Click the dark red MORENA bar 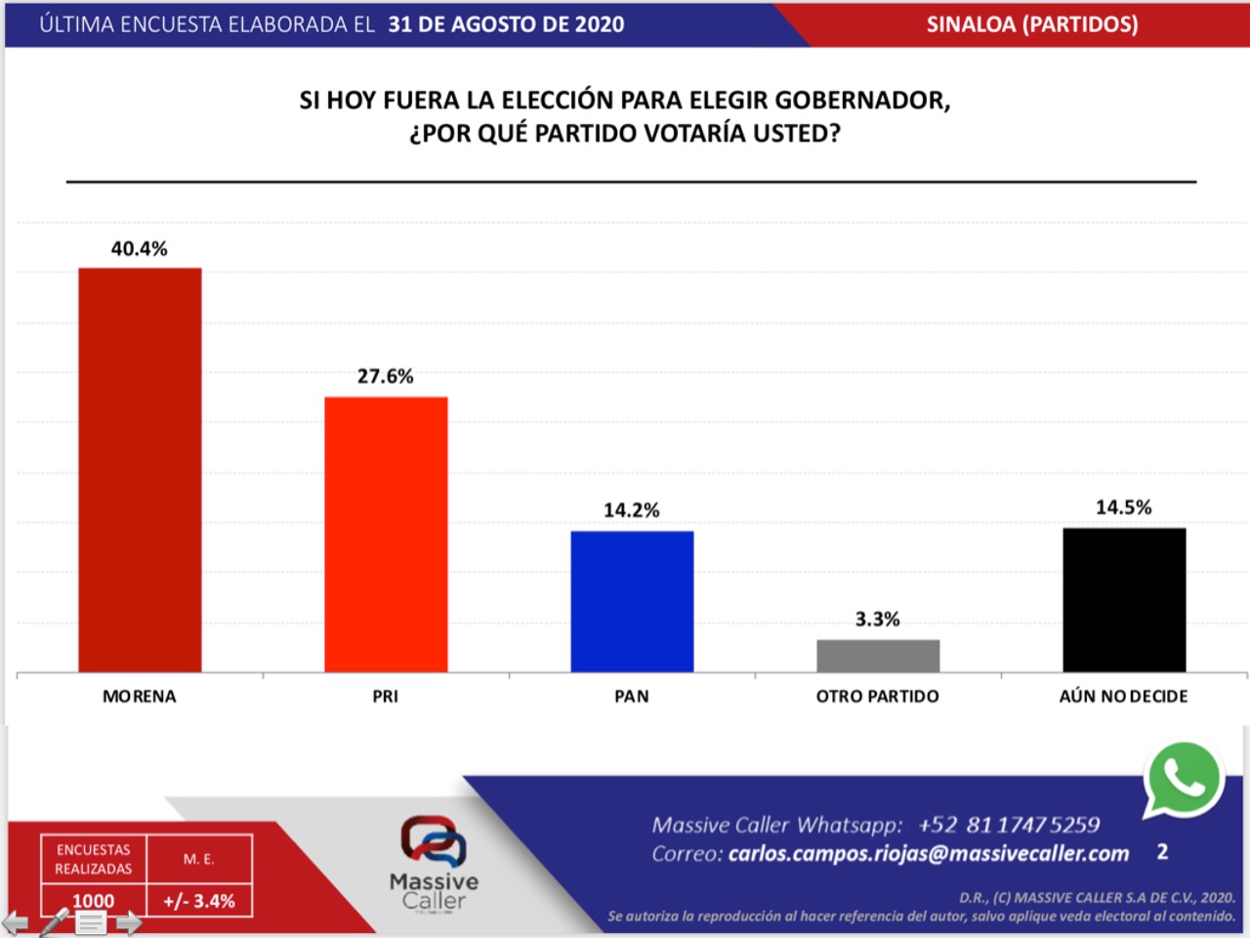[140, 470]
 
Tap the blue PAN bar [632, 601]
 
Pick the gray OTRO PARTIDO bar [878, 656]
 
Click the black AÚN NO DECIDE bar [1124, 600]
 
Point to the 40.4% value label [140, 249]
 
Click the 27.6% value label [386, 377]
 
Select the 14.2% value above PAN [632, 510]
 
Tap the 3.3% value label [878, 619]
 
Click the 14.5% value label [1124, 507]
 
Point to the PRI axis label [386, 697]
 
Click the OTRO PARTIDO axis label [878, 697]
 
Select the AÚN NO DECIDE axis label [1124, 697]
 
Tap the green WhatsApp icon [1184, 779]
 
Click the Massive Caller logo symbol [434, 841]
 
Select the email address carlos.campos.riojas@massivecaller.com [929, 854]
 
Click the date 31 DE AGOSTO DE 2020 [506, 24]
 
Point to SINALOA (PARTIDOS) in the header [1032, 24]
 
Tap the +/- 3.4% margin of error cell [199, 901]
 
